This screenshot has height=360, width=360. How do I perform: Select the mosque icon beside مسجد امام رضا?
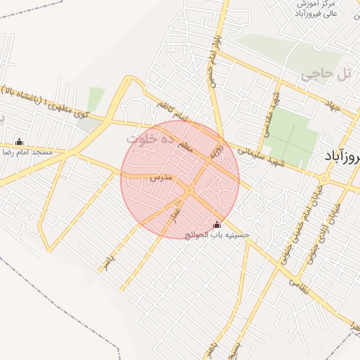tap(18, 141)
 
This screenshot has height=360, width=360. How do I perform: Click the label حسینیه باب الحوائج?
tap(217, 233)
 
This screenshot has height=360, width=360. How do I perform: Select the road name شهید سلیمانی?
tap(260, 155)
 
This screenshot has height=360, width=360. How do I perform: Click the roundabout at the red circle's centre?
tap(190, 189)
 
